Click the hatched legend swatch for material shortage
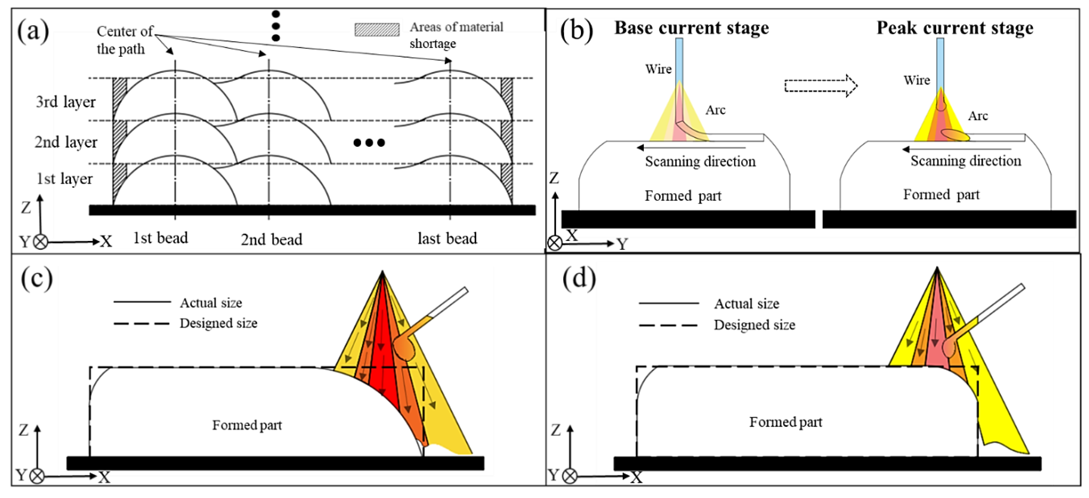point(377,30)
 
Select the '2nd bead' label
point(271,239)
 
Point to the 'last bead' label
point(447,239)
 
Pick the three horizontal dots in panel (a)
point(369,143)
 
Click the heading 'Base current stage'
point(692,28)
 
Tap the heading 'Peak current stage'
point(955,28)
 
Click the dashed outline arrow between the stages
point(821,86)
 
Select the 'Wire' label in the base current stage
point(658,69)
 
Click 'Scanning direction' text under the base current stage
point(700,161)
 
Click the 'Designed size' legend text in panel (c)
point(218,323)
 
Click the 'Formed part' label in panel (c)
point(247,425)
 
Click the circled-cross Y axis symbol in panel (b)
point(555,243)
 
